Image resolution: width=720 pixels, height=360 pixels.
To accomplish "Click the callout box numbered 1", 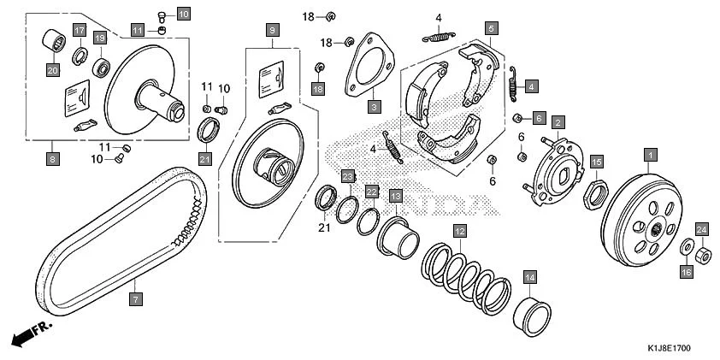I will coord(650,155).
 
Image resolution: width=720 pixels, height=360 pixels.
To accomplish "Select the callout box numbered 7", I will coord(134,299).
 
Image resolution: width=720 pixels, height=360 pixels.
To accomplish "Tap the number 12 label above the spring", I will coord(459,232).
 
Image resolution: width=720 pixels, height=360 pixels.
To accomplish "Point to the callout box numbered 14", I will coord(529,277).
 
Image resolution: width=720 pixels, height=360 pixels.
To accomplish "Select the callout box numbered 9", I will coord(273,31).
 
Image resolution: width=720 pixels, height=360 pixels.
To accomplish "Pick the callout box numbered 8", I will coord(53,158).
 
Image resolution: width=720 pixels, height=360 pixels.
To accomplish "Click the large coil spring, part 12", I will coord(470,276).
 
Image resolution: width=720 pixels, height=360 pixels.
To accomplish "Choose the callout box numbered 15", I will coord(597,162).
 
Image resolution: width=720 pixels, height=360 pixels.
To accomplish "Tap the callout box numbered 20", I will coord(53,70).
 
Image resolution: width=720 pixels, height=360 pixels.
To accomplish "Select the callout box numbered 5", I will coord(490,28).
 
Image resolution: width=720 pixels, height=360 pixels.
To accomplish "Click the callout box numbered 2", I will coord(557,122).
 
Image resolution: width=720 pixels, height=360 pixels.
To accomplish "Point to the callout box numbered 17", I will coord(79,31).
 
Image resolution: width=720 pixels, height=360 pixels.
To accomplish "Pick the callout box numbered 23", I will coord(347,176).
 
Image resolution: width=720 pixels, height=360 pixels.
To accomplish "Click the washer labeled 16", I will coord(686,249).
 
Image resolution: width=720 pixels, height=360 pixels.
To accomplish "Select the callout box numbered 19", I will coord(100,38).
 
